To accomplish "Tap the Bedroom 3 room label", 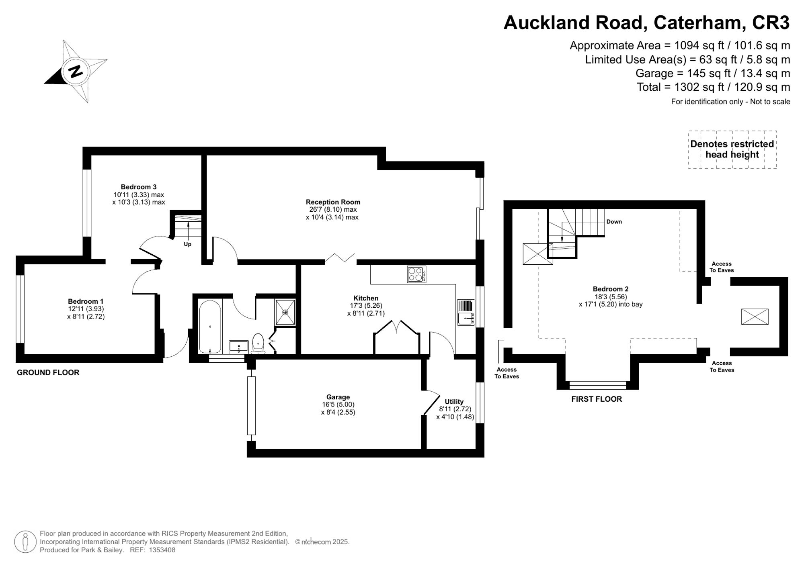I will click(x=138, y=187).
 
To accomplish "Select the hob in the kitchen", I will click(x=416, y=274).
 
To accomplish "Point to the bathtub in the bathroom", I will click(x=210, y=326).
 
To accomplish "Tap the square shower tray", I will click(x=285, y=312).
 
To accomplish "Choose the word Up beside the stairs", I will click(x=187, y=244).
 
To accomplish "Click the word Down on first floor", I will click(x=614, y=222).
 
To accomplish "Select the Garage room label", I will click(x=338, y=397).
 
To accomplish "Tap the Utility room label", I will click(x=454, y=401).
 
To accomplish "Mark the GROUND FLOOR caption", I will click(x=48, y=372).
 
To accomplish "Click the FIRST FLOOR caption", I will click(x=596, y=399).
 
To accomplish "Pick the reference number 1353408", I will click(x=162, y=550).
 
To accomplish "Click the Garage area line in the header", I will click(x=712, y=74).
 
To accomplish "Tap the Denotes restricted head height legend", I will click(x=732, y=149).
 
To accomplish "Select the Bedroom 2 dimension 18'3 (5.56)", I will click(x=610, y=296).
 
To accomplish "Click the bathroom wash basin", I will click(x=239, y=346).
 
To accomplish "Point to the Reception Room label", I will click(x=332, y=202).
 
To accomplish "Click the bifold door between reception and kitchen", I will click(x=340, y=258).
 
